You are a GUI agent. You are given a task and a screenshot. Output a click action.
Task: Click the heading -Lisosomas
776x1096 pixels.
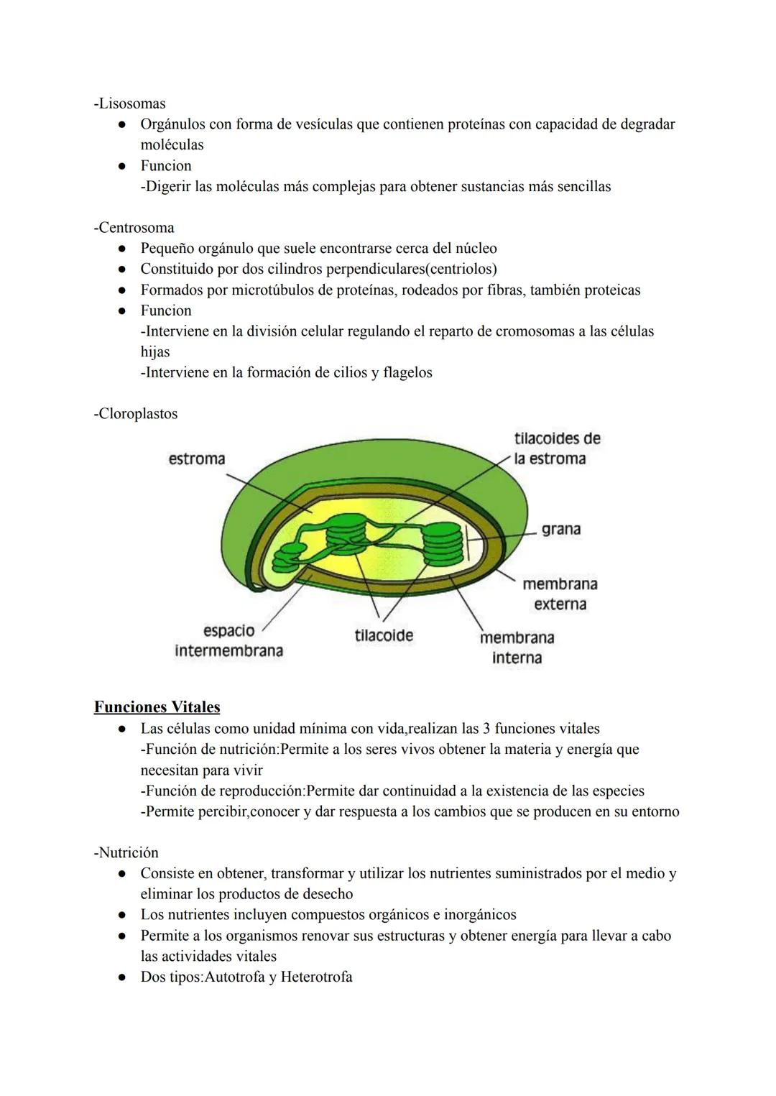129,103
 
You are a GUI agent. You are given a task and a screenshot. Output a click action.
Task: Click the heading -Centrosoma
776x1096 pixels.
134,228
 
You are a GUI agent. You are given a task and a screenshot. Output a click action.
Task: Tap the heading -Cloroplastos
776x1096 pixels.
135,414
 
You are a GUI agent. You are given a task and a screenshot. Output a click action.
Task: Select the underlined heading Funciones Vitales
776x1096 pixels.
157,707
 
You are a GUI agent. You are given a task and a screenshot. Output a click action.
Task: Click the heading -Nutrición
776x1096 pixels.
126,853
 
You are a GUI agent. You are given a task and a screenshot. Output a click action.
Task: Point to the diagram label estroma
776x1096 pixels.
196,459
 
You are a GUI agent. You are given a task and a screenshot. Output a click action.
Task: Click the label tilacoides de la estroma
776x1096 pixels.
557,448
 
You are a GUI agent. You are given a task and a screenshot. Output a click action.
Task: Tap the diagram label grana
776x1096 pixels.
561,529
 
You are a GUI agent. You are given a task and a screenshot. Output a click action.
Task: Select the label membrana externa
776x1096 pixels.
560,594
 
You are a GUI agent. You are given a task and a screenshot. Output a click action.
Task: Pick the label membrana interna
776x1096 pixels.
517,648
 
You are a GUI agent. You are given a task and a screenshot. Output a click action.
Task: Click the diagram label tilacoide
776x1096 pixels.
384,635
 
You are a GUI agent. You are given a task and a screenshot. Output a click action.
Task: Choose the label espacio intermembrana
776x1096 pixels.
228,640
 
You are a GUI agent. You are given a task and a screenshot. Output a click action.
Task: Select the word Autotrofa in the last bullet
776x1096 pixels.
235,977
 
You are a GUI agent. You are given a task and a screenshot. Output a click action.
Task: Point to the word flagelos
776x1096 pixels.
407,373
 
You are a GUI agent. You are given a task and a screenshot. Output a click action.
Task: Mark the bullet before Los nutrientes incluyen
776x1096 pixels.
123,915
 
